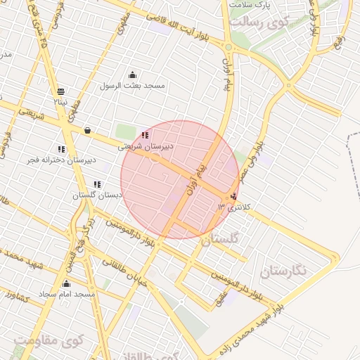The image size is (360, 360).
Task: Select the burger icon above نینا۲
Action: click(x=61, y=91)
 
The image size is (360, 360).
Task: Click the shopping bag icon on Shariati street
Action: click(x=87, y=130)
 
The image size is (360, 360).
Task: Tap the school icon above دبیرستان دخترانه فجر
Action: click(x=61, y=149)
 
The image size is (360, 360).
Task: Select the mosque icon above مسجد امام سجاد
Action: click(x=67, y=283)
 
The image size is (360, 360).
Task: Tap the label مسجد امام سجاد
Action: click(x=67, y=292)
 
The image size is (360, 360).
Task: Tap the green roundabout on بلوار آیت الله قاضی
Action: click(x=228, y=47)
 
